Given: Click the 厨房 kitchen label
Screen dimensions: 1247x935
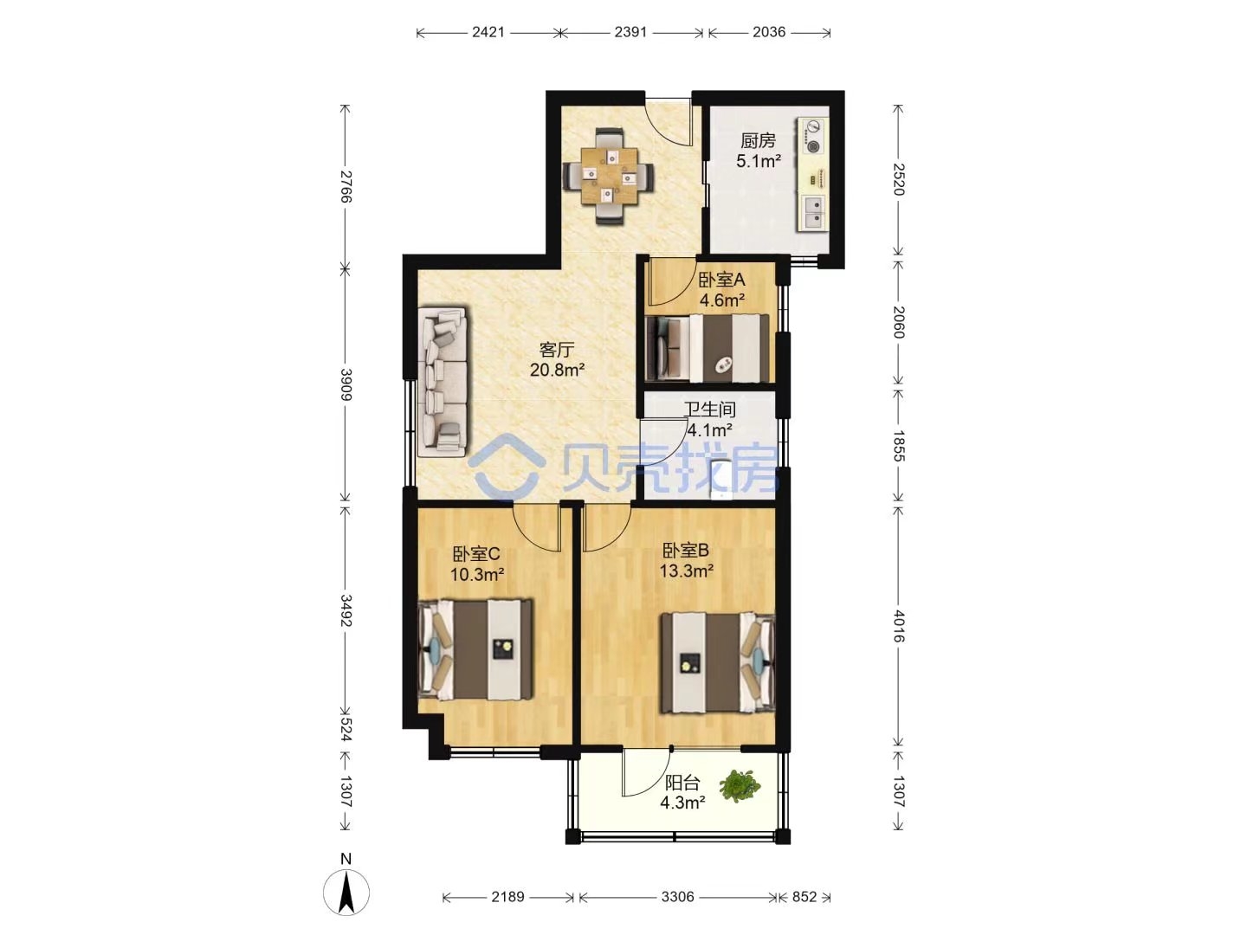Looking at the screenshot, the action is pyautogui.click(x=757, y=140).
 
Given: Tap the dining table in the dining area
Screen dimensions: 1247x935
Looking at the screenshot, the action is pyautogui.click(x=609, y=176).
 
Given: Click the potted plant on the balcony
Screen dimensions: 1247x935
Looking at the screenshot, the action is pyautogui.click(x=740, y=786).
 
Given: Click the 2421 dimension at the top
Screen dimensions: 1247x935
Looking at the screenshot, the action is pyautogui.click(x=488, y=32).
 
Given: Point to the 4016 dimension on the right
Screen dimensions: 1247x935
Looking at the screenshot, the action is pyautogui.click(x=898, y=626).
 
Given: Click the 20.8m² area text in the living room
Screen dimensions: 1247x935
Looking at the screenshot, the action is pyautogui.click(x=557, y=371).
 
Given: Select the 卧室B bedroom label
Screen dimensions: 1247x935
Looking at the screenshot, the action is pyautogui.click(x=686, y=550).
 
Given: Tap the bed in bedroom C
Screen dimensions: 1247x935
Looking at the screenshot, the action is pyautogui.click(x=475, y=649).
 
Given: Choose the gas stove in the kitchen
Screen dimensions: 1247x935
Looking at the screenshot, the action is pyautogui.click(x=811, y=137).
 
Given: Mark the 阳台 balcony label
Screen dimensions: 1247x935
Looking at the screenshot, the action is pyautogui.click(x=682, y=783).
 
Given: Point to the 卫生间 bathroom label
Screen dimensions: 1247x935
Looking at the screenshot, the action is pyautogui.click(x=710, y=409).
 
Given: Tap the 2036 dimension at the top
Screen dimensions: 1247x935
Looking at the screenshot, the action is pyautogui.click(x=769, y=32).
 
